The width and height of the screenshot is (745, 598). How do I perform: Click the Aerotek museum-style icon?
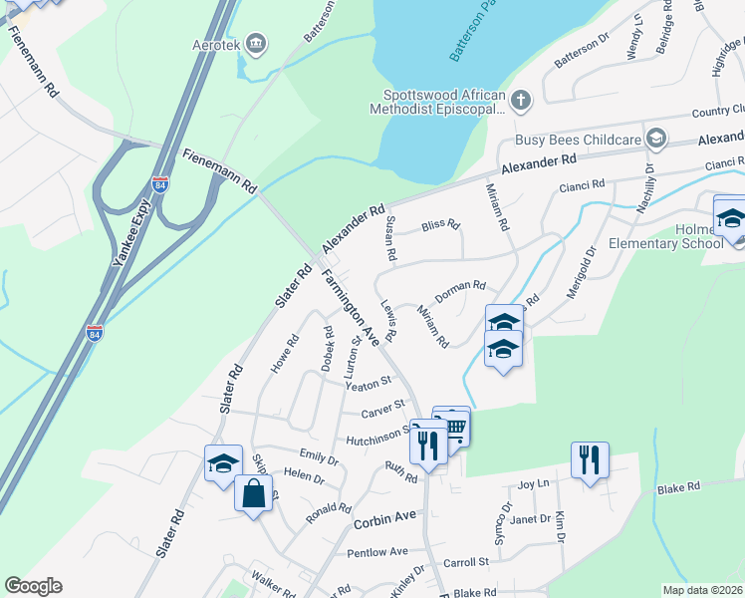(x=257, y=43)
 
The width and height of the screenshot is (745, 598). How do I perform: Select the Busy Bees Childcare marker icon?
(x=655, y=137)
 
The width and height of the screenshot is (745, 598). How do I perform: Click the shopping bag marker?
(x=254, y=492)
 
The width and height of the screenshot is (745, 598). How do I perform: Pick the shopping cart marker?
(x=453, y=427)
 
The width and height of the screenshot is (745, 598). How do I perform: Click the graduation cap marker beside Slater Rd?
(x=223, y=462)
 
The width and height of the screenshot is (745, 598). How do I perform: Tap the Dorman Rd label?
(x=459, y=286)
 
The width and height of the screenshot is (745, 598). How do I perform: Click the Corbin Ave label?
(x=383, y=520)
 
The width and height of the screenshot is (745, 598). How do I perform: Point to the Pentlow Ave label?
(x=377, y=551)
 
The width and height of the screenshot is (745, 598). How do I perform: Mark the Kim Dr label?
(x=561, y=529)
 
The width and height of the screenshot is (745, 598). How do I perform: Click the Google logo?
(x=33, y=586)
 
